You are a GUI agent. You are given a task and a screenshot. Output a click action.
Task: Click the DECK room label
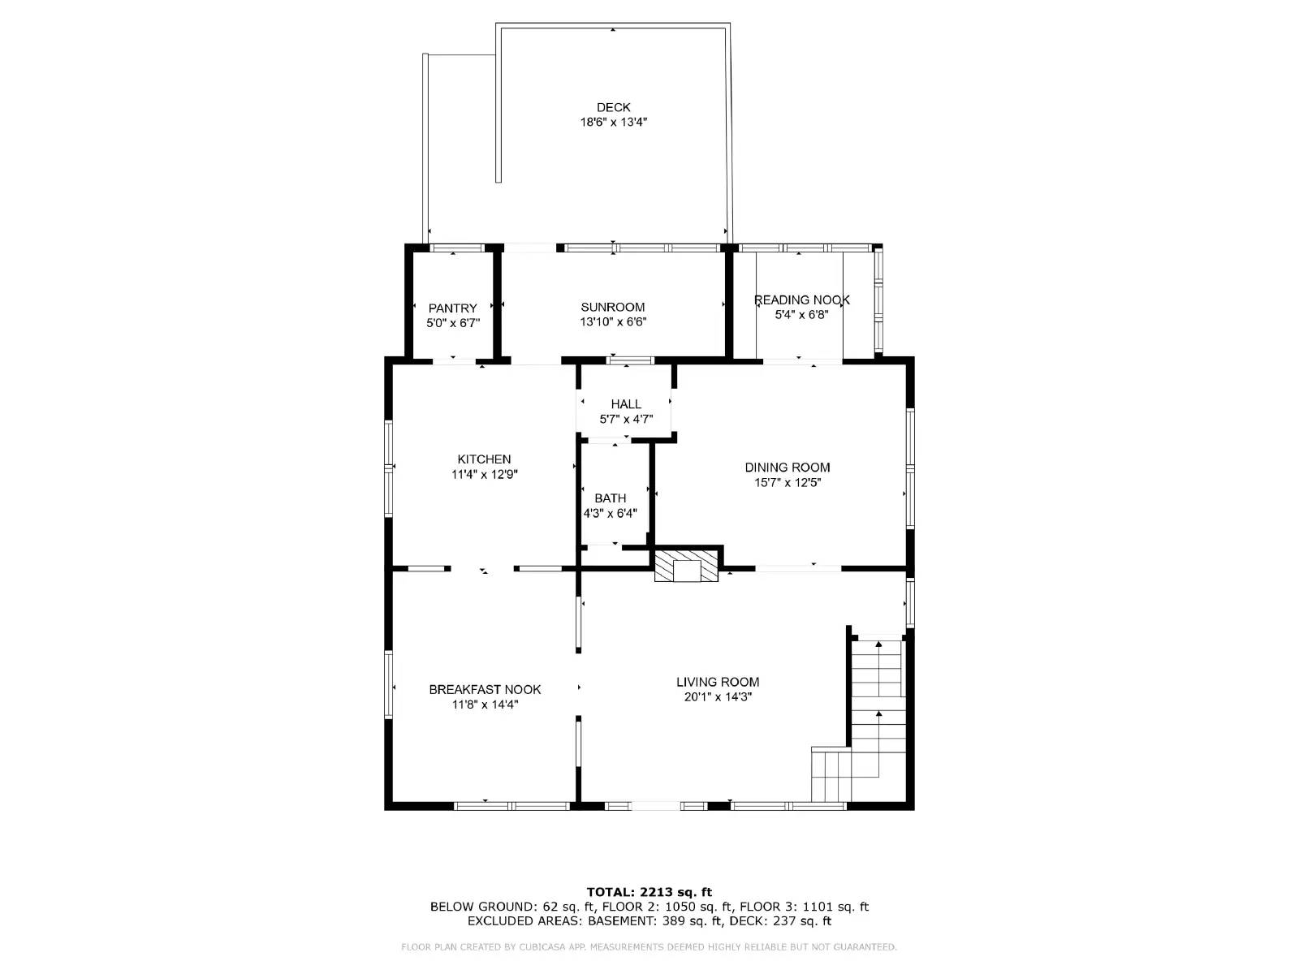pyautogui.click(x=613, y=107)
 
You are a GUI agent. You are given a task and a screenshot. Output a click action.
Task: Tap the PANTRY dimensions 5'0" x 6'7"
pyautogui.click(x=453, y=323)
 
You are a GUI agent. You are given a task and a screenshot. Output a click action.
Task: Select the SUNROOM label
pyautogui.click(x=613, y=307)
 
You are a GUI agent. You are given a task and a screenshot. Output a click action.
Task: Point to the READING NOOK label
pyautogui.click(x=801, y=300)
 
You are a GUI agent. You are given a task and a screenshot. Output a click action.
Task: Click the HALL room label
pyautogui.click(x=626, y=404)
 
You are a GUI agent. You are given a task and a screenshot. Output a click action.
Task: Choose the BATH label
pyautogui.click(x=610, y=498)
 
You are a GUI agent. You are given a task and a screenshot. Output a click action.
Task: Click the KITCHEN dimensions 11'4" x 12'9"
pyautogui.click(x=484, y=475)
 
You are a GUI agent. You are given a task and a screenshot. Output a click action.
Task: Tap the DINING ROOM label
pyautogui.click(x=788, y=468)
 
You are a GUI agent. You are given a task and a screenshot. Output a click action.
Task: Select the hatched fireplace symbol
pyautogui.click(x=687, y=566)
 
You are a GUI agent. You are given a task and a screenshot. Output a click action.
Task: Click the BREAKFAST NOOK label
pyautogui.click(x=485, y=689)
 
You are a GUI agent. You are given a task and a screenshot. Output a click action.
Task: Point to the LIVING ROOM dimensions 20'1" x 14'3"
pyautogui.click(x=718, y=697)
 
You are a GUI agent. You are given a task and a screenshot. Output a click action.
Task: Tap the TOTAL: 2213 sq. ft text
pyautogui.click(x=649, y=892)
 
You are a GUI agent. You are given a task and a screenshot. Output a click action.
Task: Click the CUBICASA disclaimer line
pyautogui.click(x=649, y=947)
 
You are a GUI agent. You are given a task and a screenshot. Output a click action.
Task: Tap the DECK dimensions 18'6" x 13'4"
pyautogui.click(x=613, y=123)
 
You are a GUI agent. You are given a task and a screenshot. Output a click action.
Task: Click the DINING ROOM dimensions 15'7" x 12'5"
pyautogui.click(x=788, y=483)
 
